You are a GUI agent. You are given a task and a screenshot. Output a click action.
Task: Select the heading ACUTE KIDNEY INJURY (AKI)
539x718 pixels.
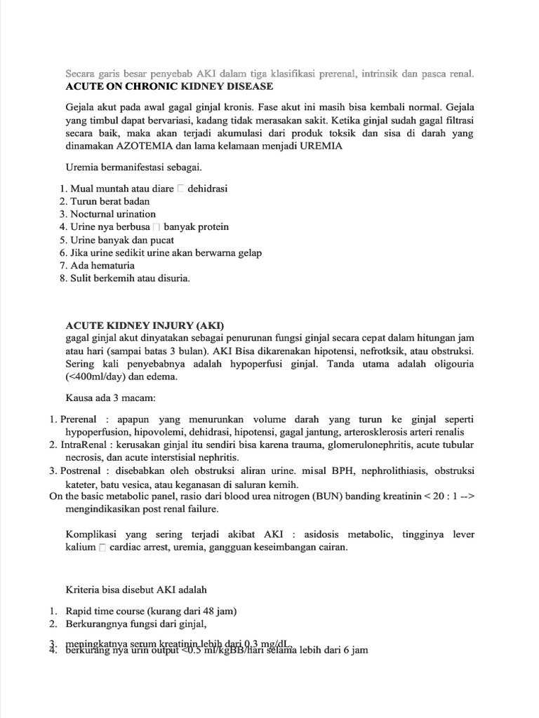point(144,325)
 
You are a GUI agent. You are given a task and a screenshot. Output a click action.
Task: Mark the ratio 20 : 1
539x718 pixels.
point(443,496)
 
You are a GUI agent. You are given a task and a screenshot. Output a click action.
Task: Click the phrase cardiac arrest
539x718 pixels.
point(140,547)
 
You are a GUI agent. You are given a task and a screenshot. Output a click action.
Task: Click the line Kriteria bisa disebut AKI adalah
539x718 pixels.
point(136,590)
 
